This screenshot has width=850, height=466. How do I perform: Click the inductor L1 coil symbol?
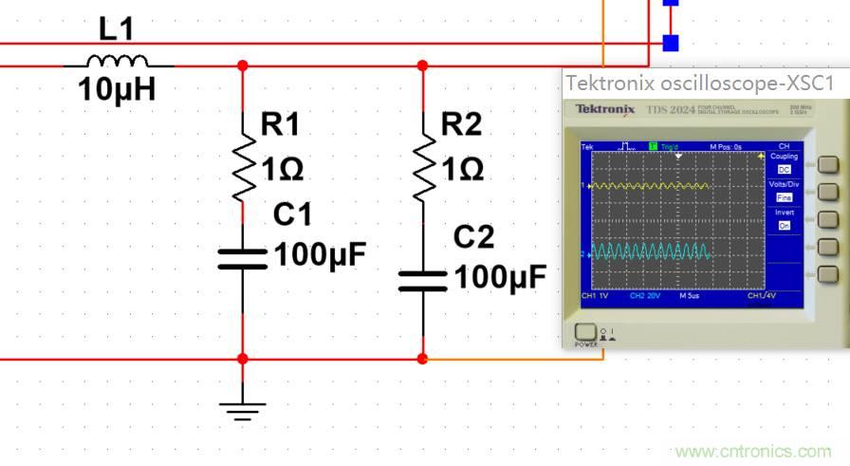[118, 63]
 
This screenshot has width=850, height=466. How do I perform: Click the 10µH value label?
[117, 91]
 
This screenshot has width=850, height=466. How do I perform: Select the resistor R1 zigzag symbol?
[242, 167]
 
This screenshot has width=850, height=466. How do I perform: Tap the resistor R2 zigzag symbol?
[422, 167]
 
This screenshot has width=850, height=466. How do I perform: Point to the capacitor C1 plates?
[242, 258]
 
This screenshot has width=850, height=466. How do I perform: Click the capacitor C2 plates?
[422, 280]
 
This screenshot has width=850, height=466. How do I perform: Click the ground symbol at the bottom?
[242, 410]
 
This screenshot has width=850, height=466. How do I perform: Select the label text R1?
[280, 123]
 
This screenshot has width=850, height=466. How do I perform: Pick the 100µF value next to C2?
[500, 277]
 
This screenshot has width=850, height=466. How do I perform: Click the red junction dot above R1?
[242, 65]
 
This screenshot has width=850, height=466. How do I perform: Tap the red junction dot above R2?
[422, 65]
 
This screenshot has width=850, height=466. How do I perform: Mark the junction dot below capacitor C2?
[422, 359]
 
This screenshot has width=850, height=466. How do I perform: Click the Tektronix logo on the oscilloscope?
[604, 109]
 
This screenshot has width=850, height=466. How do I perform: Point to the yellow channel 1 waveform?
[650, 186]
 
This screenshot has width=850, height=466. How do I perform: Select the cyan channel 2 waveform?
[650, 252]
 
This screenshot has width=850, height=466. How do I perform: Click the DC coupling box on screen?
[784, 168]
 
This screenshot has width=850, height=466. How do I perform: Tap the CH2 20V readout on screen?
[644, 296]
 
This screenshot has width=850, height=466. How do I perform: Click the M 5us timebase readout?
[689, 296]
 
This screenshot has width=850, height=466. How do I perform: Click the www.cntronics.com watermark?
[752, 452]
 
